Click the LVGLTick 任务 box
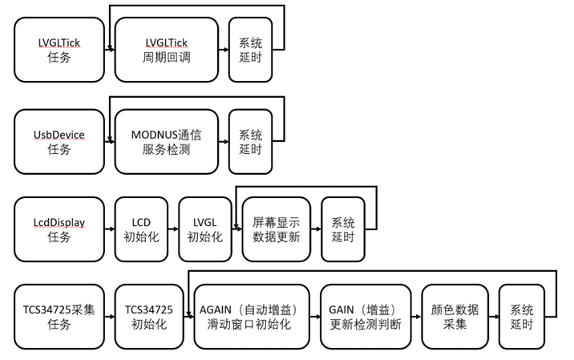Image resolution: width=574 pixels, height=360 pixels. [59, 50]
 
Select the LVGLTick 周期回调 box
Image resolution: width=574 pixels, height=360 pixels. [165, 50]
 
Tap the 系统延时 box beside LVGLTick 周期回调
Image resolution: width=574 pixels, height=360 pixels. [250, 50]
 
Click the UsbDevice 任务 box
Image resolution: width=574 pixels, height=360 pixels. [59, 141]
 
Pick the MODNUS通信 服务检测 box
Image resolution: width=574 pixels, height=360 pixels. [165, 141]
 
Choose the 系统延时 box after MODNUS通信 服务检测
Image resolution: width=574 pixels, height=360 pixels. [250, 141]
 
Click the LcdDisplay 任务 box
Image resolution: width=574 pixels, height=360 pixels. [59, 229]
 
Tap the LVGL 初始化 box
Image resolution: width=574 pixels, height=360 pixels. [204, 229]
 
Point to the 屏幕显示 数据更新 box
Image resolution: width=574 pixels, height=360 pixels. [275, 229]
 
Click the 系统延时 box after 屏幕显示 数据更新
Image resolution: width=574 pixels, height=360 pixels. [342, 229]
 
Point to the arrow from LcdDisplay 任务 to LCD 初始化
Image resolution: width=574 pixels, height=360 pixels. [109, 229]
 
